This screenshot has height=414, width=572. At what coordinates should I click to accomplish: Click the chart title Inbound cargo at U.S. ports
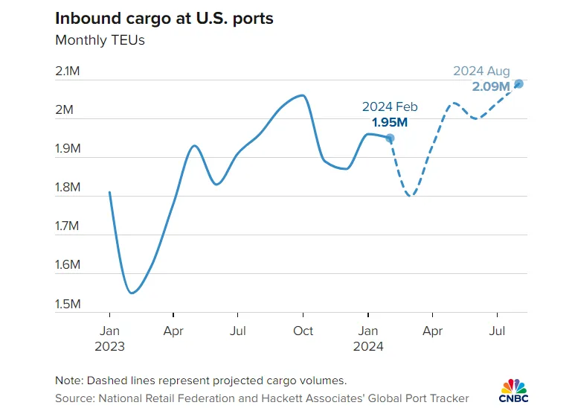click(164, 18)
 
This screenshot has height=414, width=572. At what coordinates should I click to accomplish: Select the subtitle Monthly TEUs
click(100, 40)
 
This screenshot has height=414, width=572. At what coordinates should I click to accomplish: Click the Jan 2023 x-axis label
click(109, 338)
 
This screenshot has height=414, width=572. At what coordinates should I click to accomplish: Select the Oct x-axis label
click(303, 331)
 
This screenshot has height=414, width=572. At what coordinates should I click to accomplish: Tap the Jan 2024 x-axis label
click(367, 338)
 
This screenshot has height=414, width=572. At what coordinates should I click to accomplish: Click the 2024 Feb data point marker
click(390, 138)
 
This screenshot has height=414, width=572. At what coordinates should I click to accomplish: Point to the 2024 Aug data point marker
click(519, 83)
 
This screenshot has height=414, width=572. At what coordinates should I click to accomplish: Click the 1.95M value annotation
click(390, 122)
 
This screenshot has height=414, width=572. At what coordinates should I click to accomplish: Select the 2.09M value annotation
click(491, 86)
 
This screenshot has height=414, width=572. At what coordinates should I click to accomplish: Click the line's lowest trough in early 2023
click(131, 293)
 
